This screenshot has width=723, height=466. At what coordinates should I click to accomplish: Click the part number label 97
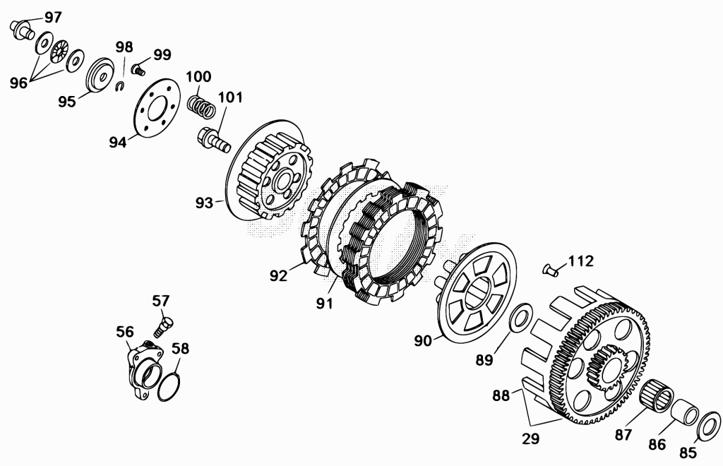tap(53, 18)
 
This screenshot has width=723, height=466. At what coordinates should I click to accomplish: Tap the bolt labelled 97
tap(21, 28)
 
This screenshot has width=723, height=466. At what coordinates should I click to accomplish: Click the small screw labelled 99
tap(138, 70)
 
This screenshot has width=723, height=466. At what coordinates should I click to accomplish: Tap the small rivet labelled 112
tap(551, 270)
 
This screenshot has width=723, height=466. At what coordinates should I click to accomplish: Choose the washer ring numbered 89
tap(522, 317)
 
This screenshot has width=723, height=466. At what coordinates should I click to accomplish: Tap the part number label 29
tap(530, 438)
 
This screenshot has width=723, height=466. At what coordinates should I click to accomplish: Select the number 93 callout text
tap(204, 203)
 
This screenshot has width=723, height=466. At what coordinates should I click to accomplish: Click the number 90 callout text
tap(423, 340)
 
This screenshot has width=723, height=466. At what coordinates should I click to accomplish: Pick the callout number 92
tap(278, 275)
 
